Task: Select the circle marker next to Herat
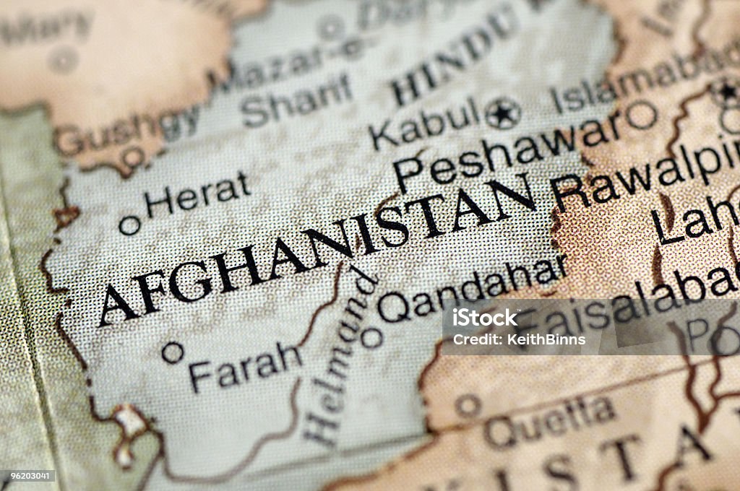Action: tap(129, 225)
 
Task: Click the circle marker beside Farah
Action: tap(172, 352)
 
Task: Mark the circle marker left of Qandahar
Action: tap(371, 336)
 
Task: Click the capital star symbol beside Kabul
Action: tap(502, 113)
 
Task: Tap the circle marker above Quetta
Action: tap(468, 405)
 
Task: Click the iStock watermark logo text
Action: tap(485, 318)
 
